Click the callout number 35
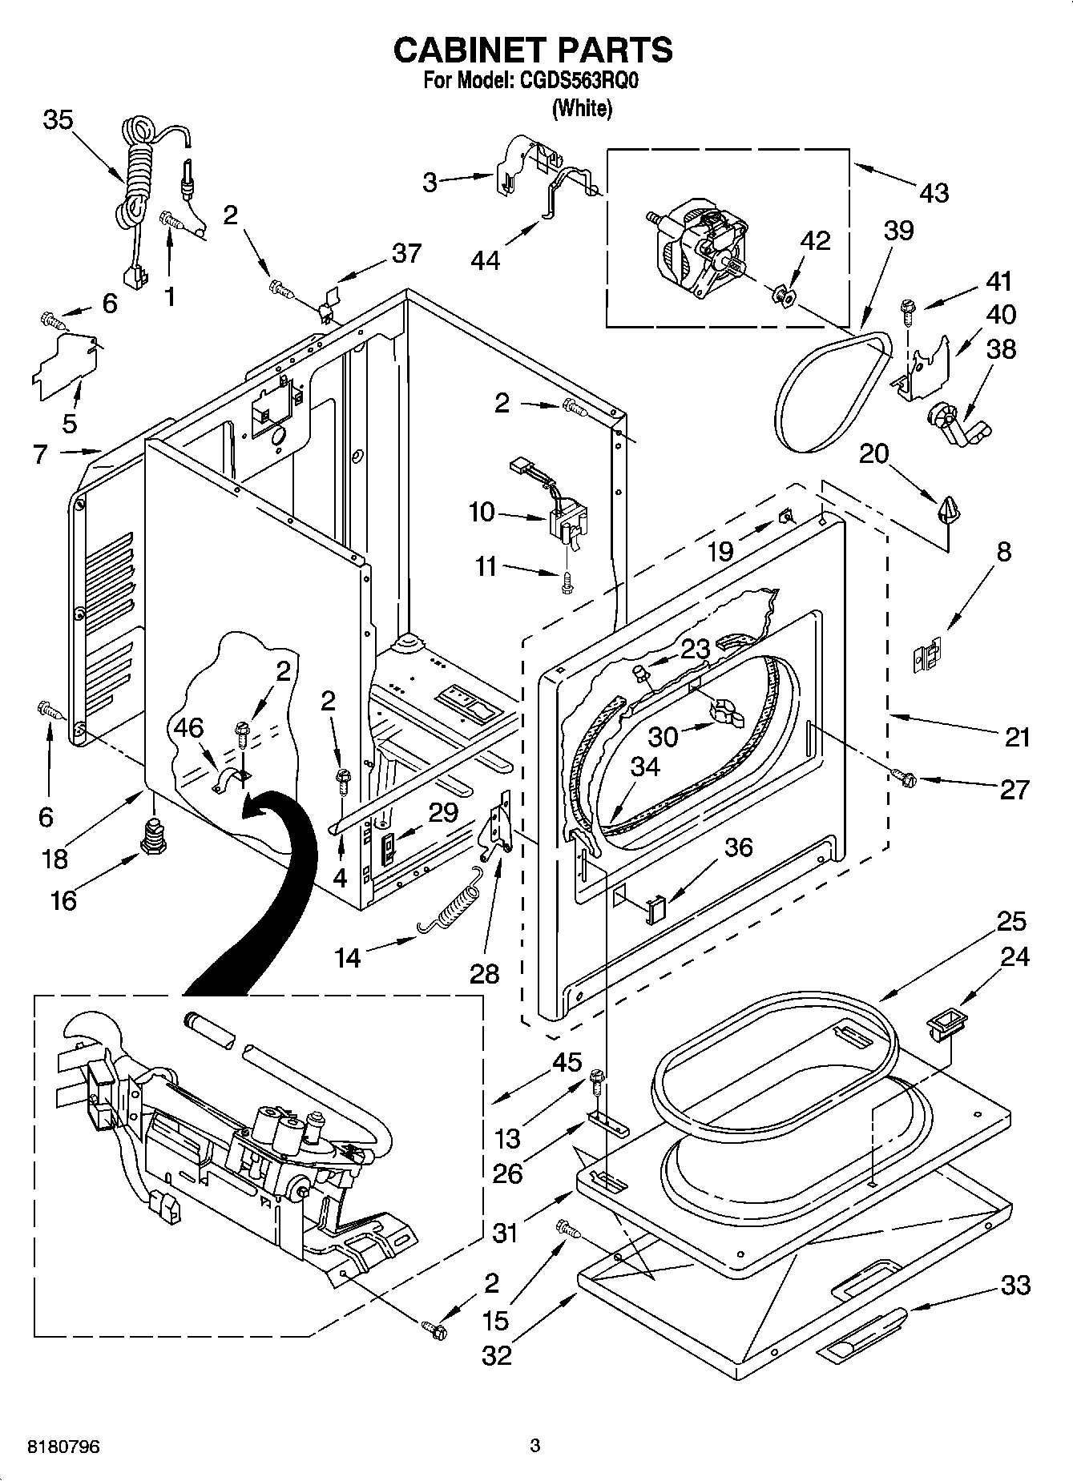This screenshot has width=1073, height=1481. [x=58, y=120]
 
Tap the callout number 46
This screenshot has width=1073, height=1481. [x=188, y=728]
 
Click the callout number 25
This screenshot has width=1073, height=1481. [x=1010, y=921]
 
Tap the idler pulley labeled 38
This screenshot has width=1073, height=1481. [x=958, y=425]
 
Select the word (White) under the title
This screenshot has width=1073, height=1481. [x=582, y=108]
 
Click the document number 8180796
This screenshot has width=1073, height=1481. [x=64, y=1447]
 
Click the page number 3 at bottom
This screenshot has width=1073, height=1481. [x=535, y=1446]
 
